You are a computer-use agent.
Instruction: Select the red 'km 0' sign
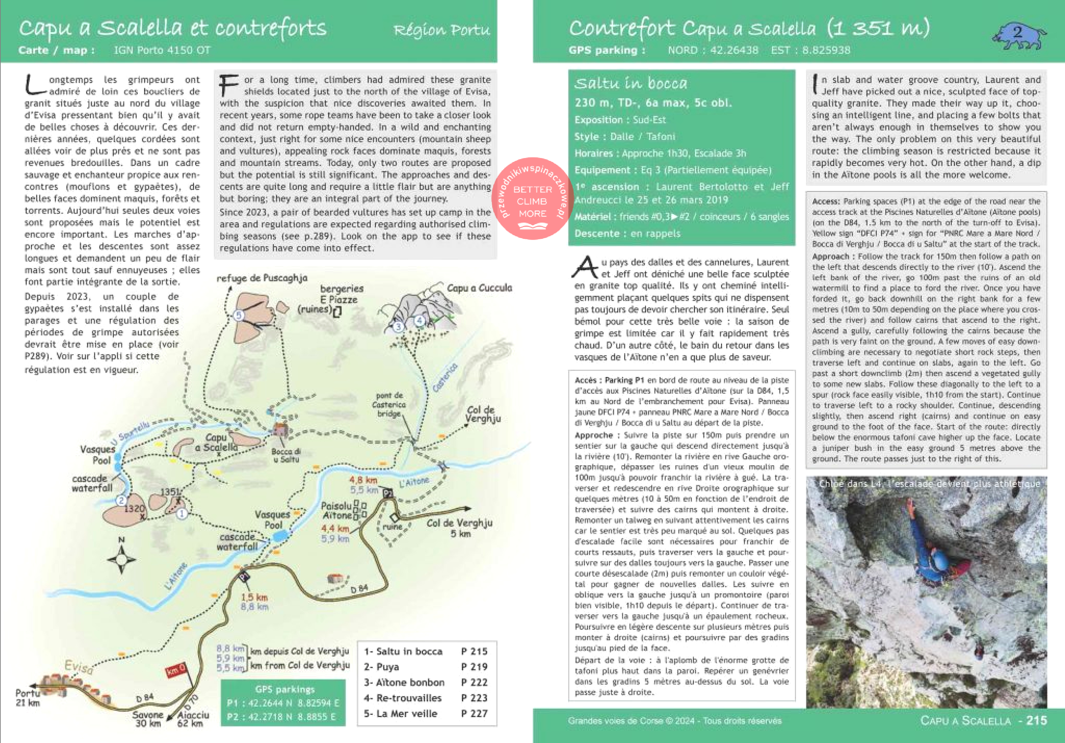click(175, 670)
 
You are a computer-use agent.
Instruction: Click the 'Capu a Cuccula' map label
click(479, 288)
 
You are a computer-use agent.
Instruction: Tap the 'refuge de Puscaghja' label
click(262, 278)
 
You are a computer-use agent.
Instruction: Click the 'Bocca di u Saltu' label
click(286, 455)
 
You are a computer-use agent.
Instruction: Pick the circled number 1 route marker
click(182, 514)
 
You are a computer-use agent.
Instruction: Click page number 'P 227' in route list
click(474, 713)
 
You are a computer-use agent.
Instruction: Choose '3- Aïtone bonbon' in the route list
click(404, 682)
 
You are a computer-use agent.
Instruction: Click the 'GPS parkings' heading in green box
click(284, 689)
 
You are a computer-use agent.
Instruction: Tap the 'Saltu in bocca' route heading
click(630, 83)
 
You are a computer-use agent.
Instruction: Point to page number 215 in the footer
click(1036, 720)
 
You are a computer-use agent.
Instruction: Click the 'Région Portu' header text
click(441, 30)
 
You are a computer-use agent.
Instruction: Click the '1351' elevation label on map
click(170, 492)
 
